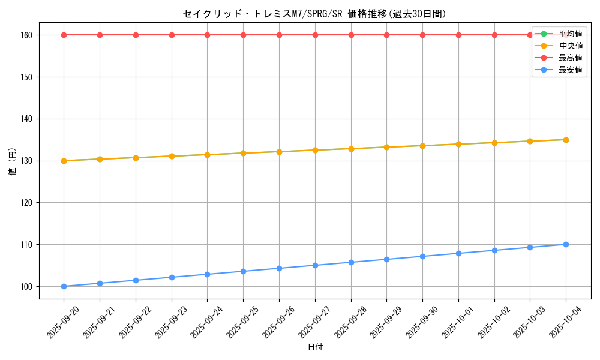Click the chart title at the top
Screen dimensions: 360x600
click(314, 14)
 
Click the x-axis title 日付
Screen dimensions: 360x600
click(315, 347)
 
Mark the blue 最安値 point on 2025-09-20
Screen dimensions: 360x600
click(64, 286)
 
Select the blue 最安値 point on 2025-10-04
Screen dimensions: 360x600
click(566, 244)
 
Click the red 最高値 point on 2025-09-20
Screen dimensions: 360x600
click(64, 35)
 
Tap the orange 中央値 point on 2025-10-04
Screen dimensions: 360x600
click(566, 140)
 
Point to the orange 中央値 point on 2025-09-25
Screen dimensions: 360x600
click(243, 153)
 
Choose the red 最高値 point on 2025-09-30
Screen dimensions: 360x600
click(422, 35)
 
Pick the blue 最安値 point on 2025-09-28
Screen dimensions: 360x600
click(351, 262)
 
